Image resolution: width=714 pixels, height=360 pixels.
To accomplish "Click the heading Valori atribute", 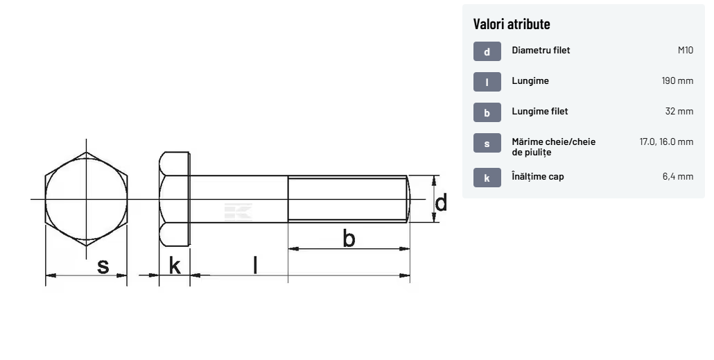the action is pyautogui.click(x=512, y=24).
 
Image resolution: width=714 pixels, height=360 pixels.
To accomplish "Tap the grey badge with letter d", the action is pyautogui.click(x=487, y=51).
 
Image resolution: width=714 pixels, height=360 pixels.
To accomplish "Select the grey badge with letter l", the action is pyautogui.click(x=487, y=82).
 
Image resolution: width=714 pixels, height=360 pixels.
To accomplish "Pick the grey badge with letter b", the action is pyautogui.click(x=487, y=112).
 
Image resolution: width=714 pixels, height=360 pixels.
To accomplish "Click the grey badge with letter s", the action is pyautogui.click(x=487, y=143).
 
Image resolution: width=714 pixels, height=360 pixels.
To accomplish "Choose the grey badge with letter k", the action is pyautogui.click(x=487, y=178).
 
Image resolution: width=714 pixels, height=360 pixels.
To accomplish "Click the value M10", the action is pyautogui.click(x=686, y=50).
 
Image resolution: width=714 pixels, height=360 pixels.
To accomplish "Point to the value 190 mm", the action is pyautogui.click(x=677, y=80).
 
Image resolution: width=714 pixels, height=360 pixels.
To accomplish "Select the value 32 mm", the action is pyautogui.click(x=679, y=111).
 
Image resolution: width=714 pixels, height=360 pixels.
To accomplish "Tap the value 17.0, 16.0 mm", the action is pyautogui.click(x=666, y=142).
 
